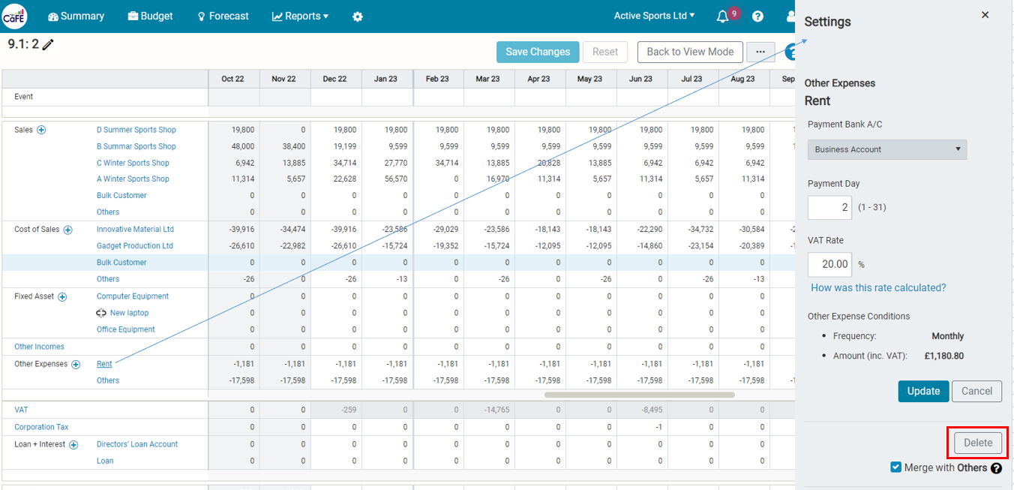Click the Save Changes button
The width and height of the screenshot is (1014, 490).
point(537,52)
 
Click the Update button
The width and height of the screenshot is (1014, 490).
point(923,391)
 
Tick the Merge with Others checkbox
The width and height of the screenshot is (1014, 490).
point(895,467)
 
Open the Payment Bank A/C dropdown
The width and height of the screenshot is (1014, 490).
point(886,149)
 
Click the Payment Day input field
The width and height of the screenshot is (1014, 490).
point(829,207)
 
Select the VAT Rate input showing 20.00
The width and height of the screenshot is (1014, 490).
point(829,264)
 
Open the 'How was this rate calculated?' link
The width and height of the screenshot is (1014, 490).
point(878,288)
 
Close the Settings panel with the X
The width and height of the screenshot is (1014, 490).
point(985,15)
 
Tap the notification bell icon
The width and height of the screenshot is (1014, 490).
point(722,17)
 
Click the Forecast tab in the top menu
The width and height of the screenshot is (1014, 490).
point(223,17)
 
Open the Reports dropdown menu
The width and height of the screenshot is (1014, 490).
point(300,17)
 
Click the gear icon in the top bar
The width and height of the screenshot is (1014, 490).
point(358,17)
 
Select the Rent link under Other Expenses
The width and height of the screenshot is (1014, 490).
point(104,364)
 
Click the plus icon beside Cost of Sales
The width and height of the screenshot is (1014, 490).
point(68,230)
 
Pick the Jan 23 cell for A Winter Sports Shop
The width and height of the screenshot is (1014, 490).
point(388,179)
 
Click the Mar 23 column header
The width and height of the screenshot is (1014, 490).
point(487,79)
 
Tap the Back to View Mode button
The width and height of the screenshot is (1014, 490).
point(690,52)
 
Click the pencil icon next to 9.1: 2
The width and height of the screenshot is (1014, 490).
point(48,44)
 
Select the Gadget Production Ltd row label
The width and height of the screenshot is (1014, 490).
point(135,246)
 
